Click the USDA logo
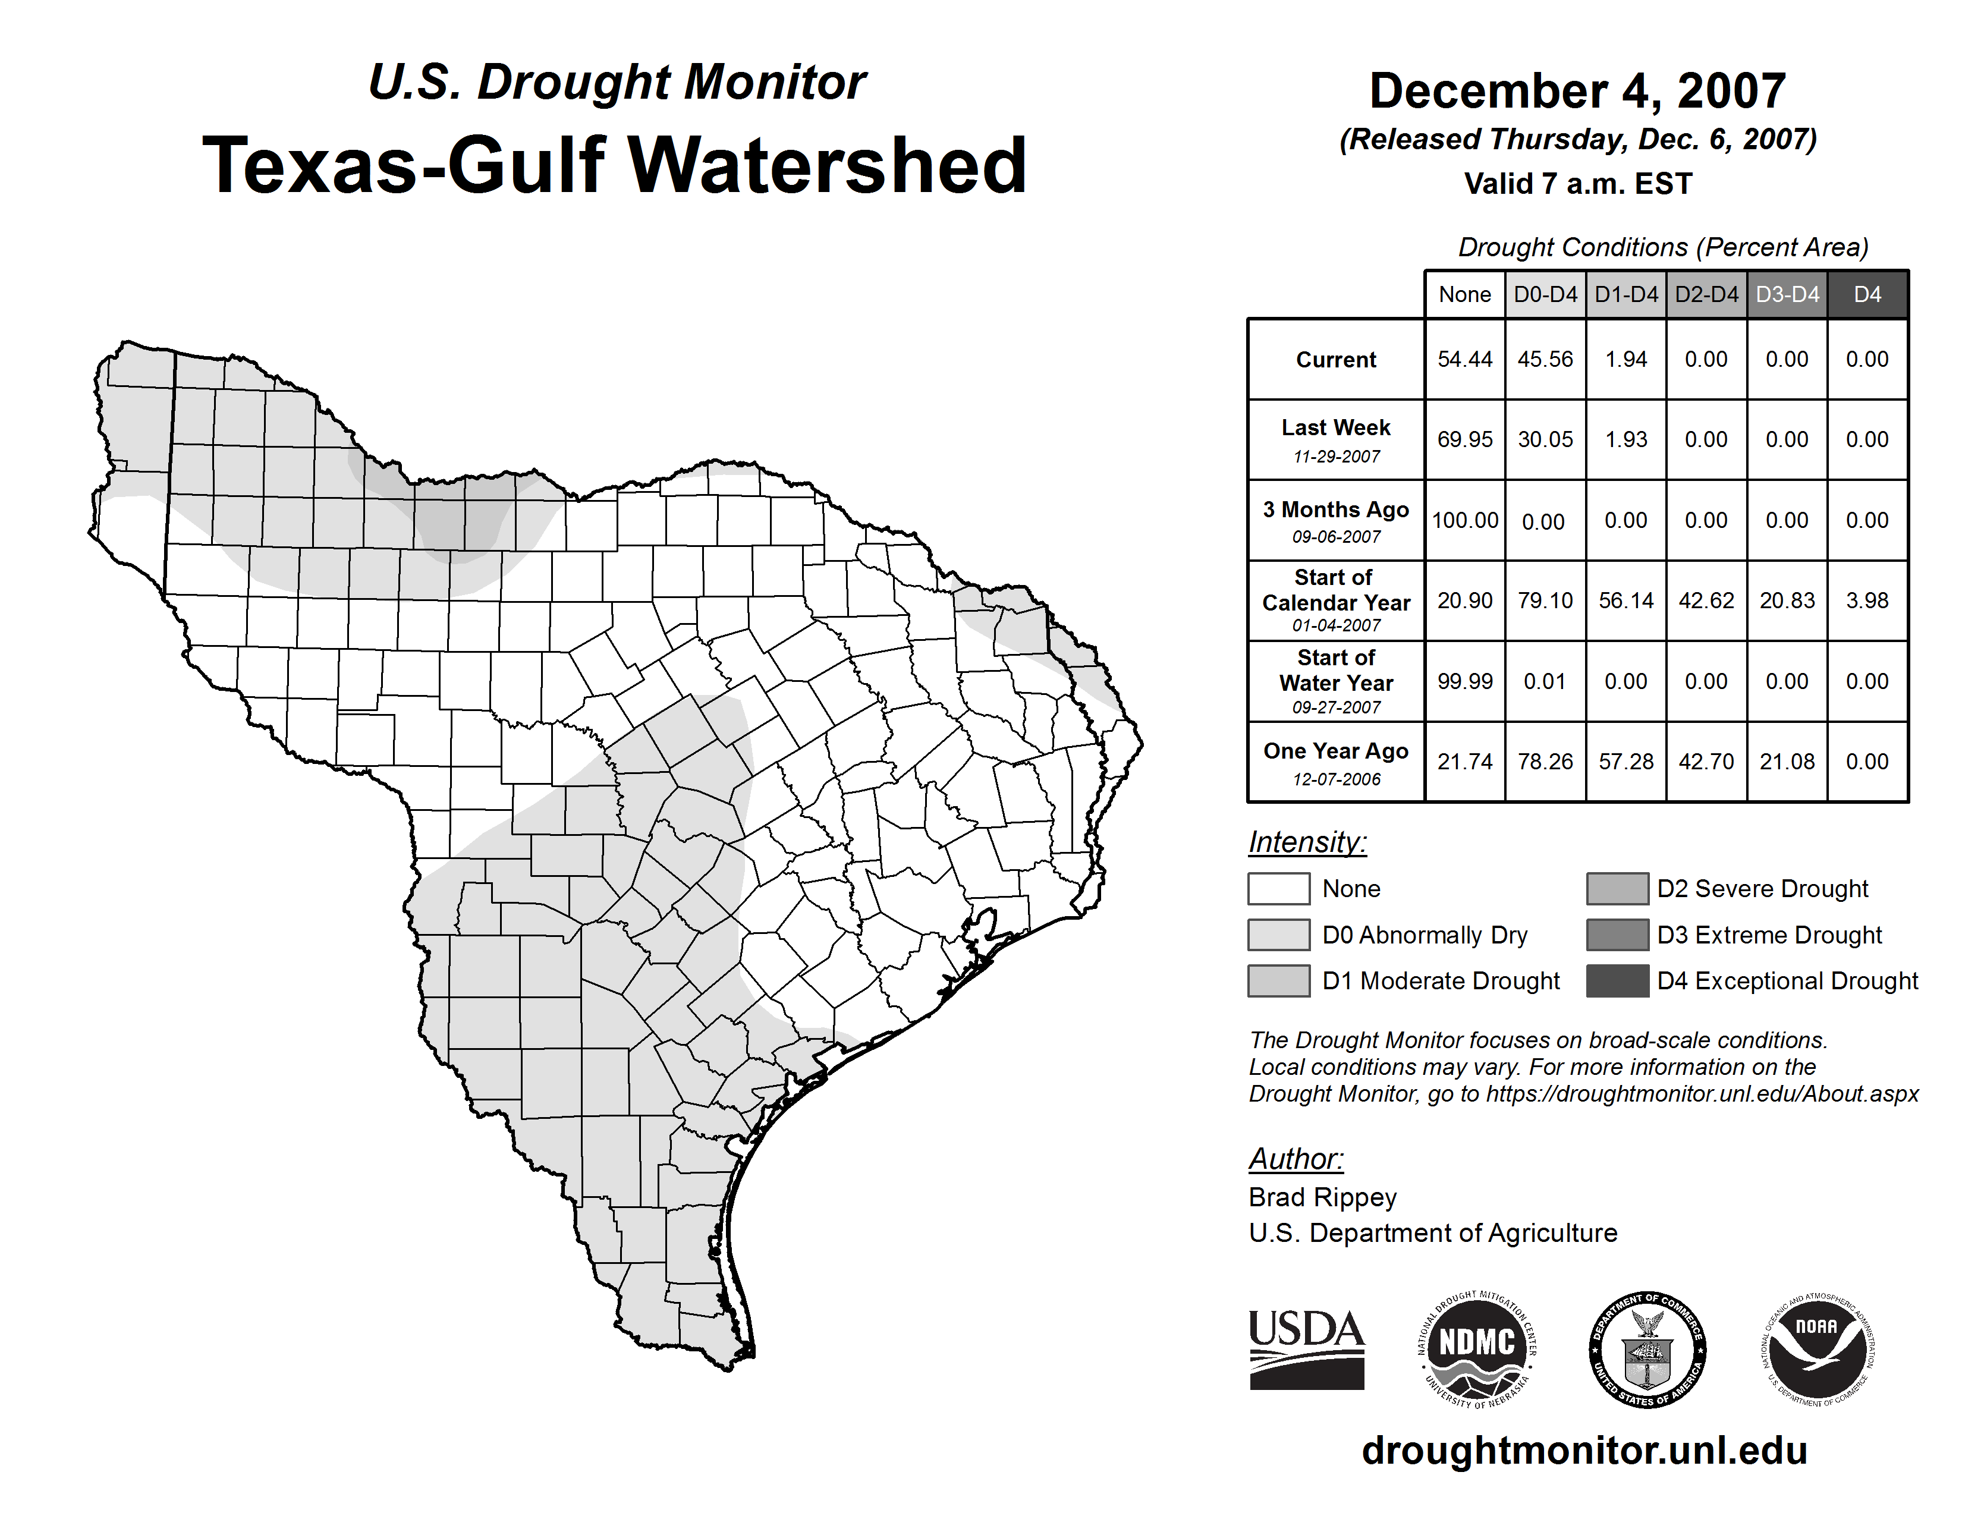click(1306, 1349)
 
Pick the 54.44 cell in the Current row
click(1464, 359)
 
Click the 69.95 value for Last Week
click(1464, 439)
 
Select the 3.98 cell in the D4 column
click(1867, 600)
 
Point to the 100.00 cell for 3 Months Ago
click(1464, 520)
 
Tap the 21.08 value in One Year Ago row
click(1787, 762)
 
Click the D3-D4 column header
click(1787, 294)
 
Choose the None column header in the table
click(1464, 294)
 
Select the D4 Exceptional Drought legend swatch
click(1617, 981)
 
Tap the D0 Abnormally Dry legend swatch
click(1278, 935)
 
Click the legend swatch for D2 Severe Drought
click(1617, 888)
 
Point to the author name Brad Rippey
click(1322, 1197)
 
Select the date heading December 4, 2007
click(1577, 92)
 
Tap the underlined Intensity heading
click(1307, 842)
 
